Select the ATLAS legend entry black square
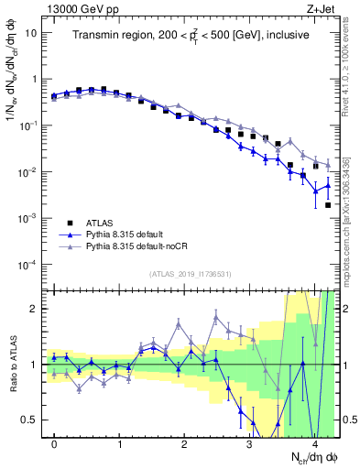70,223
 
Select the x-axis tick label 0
54,444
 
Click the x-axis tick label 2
184,444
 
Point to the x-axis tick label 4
314,444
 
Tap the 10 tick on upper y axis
32,33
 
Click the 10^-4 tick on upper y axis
29,265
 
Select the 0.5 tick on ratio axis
29,420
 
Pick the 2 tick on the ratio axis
34,309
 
